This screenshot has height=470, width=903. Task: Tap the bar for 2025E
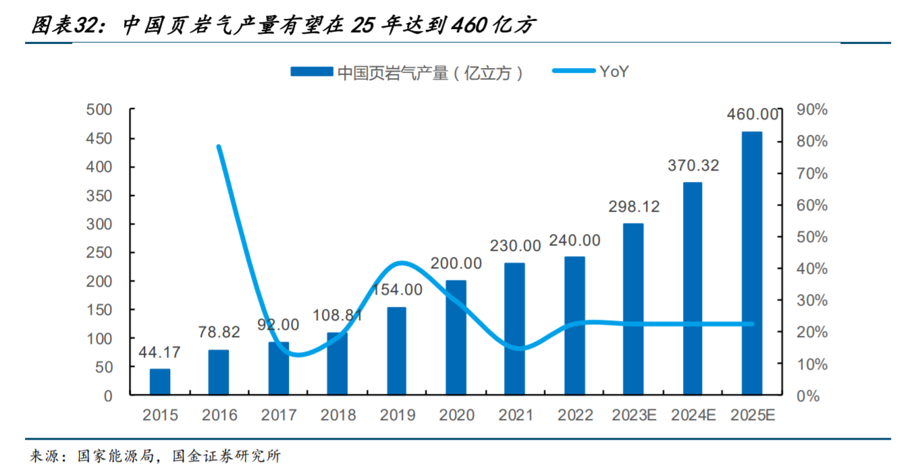[x=752, y=263]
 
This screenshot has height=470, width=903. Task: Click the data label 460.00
[x=752, y=115]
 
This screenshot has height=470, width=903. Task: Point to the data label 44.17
[x=159, y=352]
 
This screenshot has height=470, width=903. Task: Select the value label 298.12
[x=633, y=207]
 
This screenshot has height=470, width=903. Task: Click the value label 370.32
[x=693, y=165]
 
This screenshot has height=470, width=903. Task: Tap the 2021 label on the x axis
[x=516, y=415]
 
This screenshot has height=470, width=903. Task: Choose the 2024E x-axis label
[x=693, y=415]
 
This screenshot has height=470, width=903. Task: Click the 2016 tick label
[x=219, y=415]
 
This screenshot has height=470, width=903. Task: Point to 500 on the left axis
[x=100, y=110]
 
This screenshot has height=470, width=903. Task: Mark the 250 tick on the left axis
[x=100, y=253]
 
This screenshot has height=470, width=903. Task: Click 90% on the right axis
[x=811, y=110]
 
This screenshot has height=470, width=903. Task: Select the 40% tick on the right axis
[x=811, y=268]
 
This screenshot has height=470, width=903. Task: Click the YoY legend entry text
[x=613, y=71]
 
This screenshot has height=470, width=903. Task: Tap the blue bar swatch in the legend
[x=311, y=72]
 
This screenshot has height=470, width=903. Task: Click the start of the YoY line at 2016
[x=219, y=146]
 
